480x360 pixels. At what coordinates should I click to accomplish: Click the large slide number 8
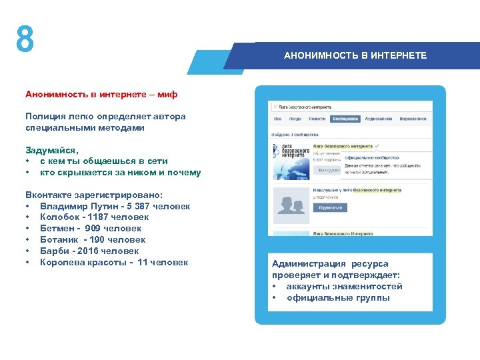pos(25,40)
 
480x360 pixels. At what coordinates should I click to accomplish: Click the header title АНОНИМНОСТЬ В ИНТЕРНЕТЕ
pos(355,55)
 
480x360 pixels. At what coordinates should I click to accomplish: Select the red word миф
pos(167,95)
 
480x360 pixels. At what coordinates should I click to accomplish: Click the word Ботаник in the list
pos(59,240)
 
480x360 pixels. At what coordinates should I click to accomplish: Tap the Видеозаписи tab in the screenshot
pos(413,119)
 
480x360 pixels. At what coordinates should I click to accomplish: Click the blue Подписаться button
pos(330,208)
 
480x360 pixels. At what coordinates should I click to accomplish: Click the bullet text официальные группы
pos(338,298)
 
